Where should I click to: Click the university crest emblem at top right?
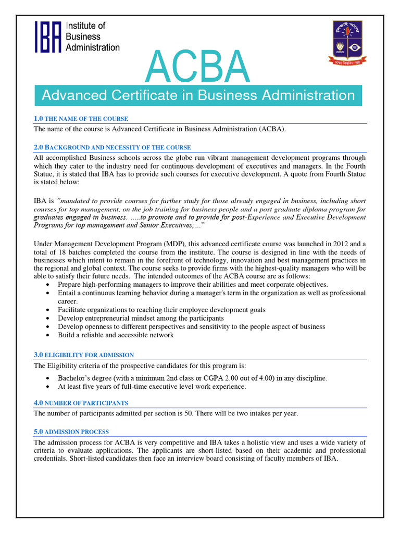(x=346, y=42)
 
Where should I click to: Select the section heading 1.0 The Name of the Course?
(x=81, y=119)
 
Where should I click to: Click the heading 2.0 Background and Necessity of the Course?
(x=112, y=147)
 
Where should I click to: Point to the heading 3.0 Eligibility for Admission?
(x=83, y=354)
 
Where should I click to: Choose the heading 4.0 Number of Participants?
(x=81, y=403)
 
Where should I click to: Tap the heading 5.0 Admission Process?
(x=71, y=432)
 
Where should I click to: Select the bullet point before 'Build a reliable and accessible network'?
(x=48, y=335)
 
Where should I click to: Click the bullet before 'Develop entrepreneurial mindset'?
(x=48, y=318)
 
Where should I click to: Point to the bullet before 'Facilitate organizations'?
(x=48, y=310)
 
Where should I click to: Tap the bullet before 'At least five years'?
(x=48, y=387)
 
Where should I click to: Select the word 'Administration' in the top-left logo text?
(x=93, y=47)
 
